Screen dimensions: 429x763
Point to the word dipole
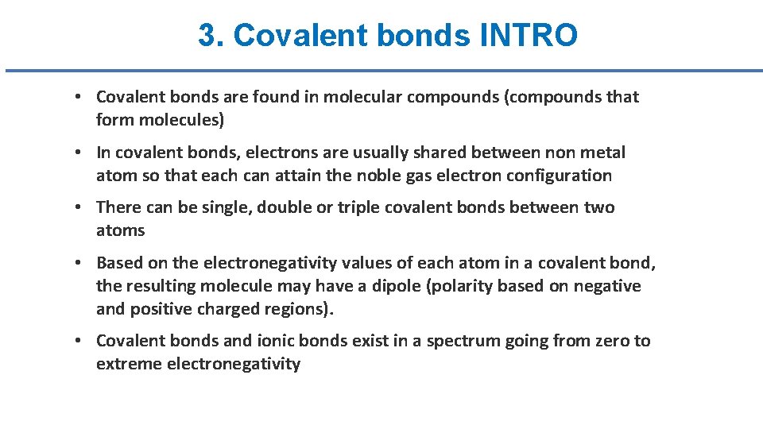(x=400, y=286)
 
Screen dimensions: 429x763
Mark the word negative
(x=607, y=286)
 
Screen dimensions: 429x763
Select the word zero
(x=611, y=341)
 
